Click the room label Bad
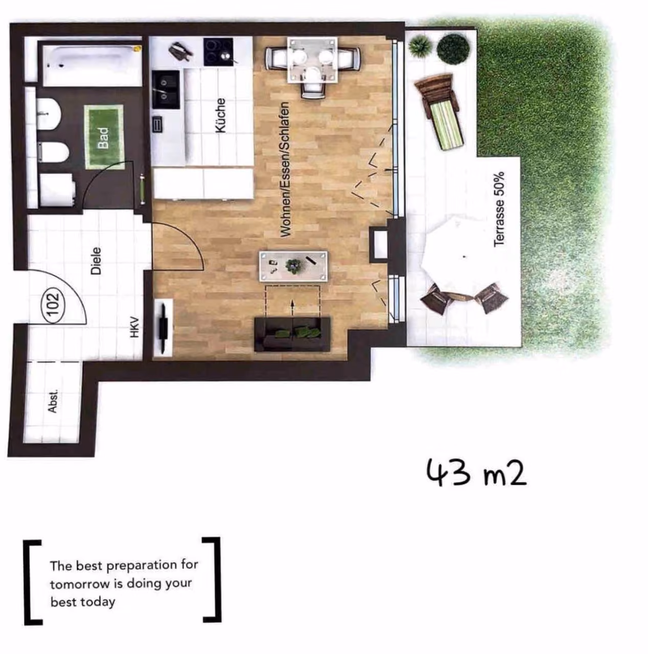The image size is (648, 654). pyautogui.click(x=103, y=137)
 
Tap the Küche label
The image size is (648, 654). pyautogui.click(x=221, y=116)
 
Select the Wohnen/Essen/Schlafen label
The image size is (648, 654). pyautogui.click(x=285, y=169)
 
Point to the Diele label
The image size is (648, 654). pyautogui.click(x=96, y=261)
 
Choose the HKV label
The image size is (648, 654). pyautogui.click(x=135, y=327)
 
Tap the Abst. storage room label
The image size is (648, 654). pyautogui.click(x=53, y=401)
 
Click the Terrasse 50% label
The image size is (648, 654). pyautogui.click(x=499, y=209)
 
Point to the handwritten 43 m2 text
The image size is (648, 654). pyautogui.click(x=476, y=473)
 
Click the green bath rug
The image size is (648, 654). pyautogui.click(x=104, y=137)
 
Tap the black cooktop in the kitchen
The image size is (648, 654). pyautogui.click(x=218, y=52)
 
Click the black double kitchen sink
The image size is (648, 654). pyautogui.click(x=166, y=89)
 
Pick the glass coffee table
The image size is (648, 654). pyautogui.click(x=293, y=266)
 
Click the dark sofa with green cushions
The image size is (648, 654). pyautogui.click(x=292, y=334)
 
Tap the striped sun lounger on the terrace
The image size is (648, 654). pyautogui.click(x=439, y=112)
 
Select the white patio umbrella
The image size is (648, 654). pyautogui.click(x=464, y=257)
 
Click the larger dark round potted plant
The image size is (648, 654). pyautogui.click(x=453, y=48)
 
